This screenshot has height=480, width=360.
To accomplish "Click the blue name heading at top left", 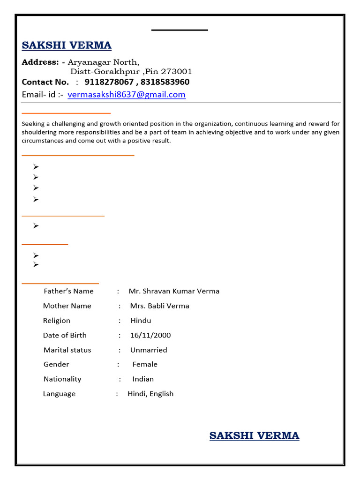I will (67, 45).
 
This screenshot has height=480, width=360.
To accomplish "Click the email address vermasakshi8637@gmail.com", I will (127, 95).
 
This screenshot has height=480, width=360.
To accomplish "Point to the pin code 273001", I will (177, 72).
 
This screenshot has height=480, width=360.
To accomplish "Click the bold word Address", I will (40, 62).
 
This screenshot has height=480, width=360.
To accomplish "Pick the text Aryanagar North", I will (103, 62).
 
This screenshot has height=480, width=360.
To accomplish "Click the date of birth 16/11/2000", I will (150, 335).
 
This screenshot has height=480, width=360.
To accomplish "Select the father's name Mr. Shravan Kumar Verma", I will (174, 291).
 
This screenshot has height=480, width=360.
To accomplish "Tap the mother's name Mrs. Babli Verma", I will (160, 306).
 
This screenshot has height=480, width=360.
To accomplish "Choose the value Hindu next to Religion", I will (141, 321).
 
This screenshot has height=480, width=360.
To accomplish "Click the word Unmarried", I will (149, 350).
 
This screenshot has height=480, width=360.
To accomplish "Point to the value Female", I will (145, 364).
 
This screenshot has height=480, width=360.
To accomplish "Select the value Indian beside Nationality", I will (143, 379).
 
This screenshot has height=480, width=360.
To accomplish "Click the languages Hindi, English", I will (150, 394).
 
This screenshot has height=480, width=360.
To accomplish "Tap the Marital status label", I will (67, 350).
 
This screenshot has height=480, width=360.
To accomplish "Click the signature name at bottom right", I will (254, 435).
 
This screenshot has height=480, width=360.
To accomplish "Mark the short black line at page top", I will (180, 30).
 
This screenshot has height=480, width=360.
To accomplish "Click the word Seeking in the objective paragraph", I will (34, 124).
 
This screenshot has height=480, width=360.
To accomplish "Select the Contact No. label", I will (45, 82).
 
